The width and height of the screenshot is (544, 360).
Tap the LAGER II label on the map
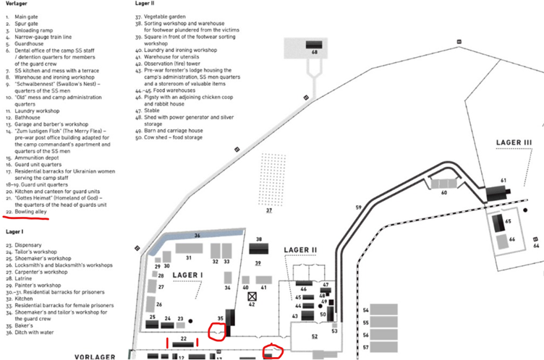click(300, 250)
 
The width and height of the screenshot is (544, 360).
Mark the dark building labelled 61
click(497, 192)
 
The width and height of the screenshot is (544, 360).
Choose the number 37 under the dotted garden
click(269, 210)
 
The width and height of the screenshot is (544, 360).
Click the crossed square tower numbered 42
click(252, 296)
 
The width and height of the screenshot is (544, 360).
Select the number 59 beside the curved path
click(358, 208)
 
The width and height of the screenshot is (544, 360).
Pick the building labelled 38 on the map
click(259, 248)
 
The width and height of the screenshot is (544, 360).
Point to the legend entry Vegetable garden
click(174, 16)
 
